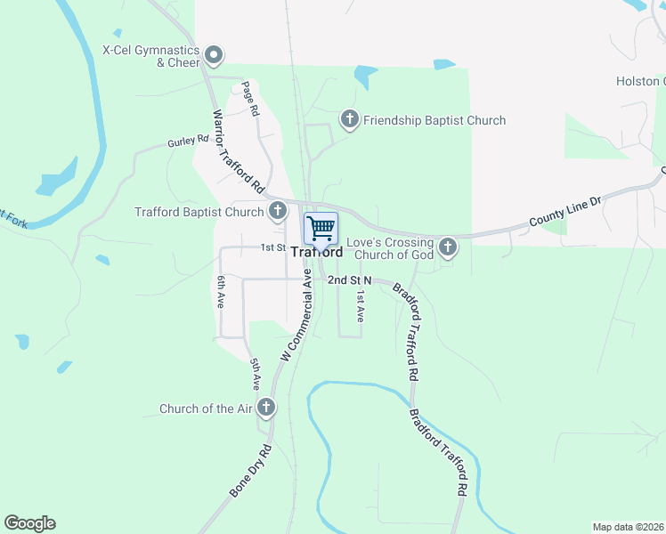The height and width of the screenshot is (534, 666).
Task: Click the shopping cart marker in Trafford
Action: [321, 228]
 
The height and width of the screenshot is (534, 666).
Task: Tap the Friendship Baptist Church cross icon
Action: [350, 119]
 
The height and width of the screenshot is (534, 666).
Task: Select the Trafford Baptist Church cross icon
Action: [278, 211]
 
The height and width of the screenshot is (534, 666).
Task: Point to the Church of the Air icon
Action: [265, 409]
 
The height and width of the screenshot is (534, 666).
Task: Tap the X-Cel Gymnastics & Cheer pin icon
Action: [214, 56]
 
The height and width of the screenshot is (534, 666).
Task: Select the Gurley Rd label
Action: [188, 141]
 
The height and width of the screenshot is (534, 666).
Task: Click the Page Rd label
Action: [249, 99]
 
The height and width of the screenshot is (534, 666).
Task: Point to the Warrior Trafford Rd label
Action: [239, 152]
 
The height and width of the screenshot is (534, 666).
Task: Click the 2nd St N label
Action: [348, 279]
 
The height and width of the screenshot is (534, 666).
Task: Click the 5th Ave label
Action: [256, 375]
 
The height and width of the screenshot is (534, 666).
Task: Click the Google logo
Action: [29, 523]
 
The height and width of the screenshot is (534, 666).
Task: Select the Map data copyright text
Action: [628, 527]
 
